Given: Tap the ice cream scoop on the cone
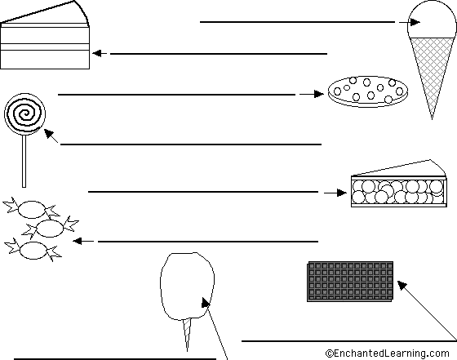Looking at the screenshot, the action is click(432, 20).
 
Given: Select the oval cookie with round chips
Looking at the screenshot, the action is click(367, 91).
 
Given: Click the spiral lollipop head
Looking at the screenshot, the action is click(25, 114).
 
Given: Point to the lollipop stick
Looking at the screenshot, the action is click(24, 161).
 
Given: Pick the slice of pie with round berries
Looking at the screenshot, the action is click(399, 184).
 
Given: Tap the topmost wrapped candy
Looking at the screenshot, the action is click(32, 209).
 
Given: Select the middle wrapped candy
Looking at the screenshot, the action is click(50, 228).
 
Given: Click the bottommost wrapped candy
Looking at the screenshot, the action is click(33, 250).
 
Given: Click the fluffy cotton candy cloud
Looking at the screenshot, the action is click(188, 286).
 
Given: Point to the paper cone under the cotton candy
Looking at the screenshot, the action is click(187, 335).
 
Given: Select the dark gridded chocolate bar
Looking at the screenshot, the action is click(350, 282).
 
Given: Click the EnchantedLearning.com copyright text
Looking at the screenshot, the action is click(388, 353).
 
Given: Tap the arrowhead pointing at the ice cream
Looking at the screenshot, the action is click(415, 22).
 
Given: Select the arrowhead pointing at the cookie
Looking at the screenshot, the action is click(318, 94).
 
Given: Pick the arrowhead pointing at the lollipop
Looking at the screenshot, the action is click(49, 134).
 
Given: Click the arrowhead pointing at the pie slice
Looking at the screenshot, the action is click(342, 193).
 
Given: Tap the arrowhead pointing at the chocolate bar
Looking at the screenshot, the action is click(402, 285).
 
